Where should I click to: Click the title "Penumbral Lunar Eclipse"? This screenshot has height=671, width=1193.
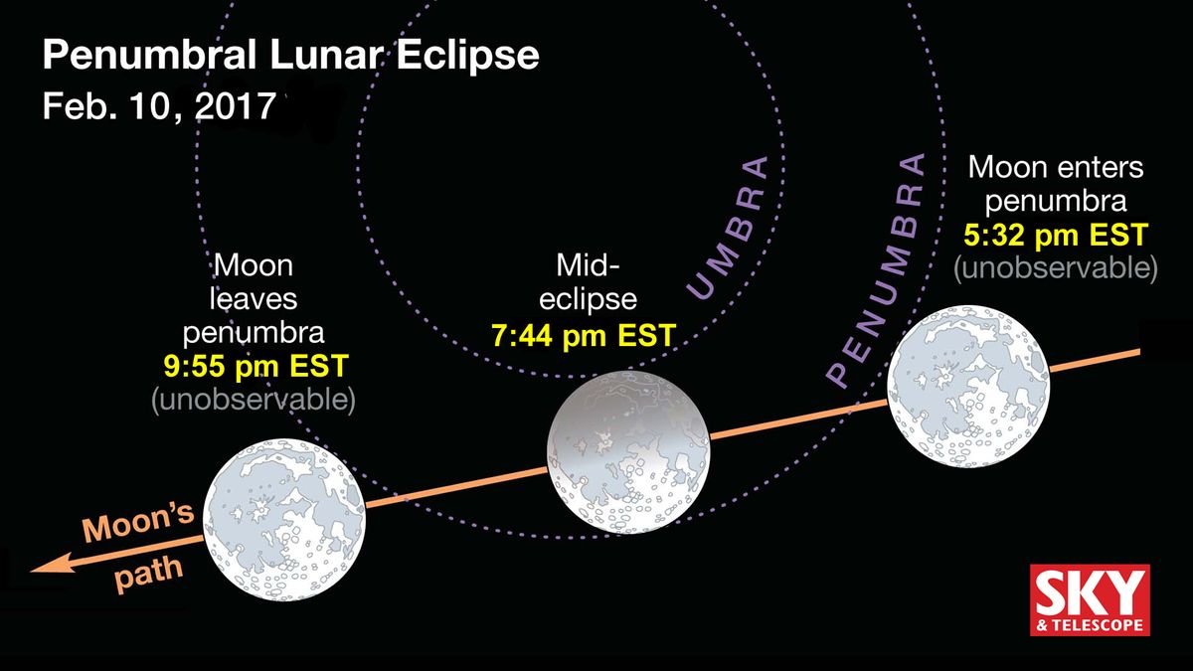click(x=290, y=56)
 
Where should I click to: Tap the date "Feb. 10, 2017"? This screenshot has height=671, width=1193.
click(x=157, y=106)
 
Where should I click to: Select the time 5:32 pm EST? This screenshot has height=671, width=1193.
click(x=1056, y=236)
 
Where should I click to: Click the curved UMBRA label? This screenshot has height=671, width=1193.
click(x=728, y=228)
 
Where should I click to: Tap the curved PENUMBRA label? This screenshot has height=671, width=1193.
click(x=875, y=270)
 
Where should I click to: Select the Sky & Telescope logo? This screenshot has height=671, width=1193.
click(x=1090, y=599)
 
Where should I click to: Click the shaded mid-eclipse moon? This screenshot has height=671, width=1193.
click(x=630, y=452)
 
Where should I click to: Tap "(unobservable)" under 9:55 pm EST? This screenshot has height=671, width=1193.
click(x=255, y=400)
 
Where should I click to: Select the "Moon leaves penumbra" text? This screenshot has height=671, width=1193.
click(x=255, y=298)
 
